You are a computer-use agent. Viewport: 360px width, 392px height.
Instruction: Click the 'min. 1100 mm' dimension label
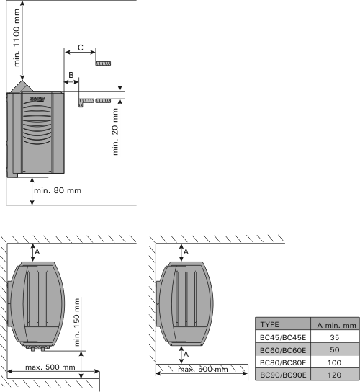click(17, 37)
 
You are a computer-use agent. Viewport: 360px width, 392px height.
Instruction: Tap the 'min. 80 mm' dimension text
click(58, 190)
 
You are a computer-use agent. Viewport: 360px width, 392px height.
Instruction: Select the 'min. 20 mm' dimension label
click(115, 131)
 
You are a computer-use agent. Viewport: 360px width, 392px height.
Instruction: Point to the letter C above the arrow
click(81, 48)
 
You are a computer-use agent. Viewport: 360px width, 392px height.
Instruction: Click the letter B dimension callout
click(71, 75)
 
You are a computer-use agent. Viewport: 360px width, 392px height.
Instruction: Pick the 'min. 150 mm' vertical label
click(77, 322)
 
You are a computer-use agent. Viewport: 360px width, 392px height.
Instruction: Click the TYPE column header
click(269, 324)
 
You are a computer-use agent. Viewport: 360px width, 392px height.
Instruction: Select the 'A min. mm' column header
click(336, 325)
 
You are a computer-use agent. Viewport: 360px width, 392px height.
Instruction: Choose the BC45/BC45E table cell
click(283, 337)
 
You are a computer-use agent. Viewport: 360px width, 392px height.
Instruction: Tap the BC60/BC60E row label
click(283, 350)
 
